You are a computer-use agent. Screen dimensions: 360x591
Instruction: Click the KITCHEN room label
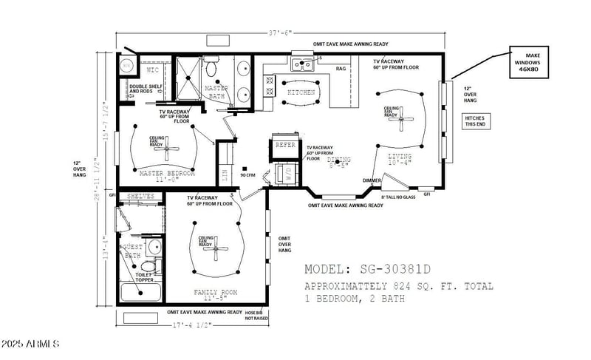[x=301, y=92]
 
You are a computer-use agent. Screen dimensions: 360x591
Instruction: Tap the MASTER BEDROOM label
[x=166, y=173]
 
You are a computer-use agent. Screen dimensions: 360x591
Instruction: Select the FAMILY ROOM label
[x=215, y=292]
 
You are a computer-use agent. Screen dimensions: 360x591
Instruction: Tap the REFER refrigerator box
[x=285, y=145]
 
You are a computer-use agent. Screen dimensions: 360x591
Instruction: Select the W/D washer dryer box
[x=285, y=174]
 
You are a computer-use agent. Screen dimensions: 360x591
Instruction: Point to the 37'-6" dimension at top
[x=281, y=33]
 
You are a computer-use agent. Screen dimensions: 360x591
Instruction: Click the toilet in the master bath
[x=211, y=70]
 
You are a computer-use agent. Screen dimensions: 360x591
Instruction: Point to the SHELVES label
[x=140, y=196]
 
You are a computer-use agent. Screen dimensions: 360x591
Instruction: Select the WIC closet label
[x=153, y=69]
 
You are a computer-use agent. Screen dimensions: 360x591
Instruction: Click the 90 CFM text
[x=248, y=175]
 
